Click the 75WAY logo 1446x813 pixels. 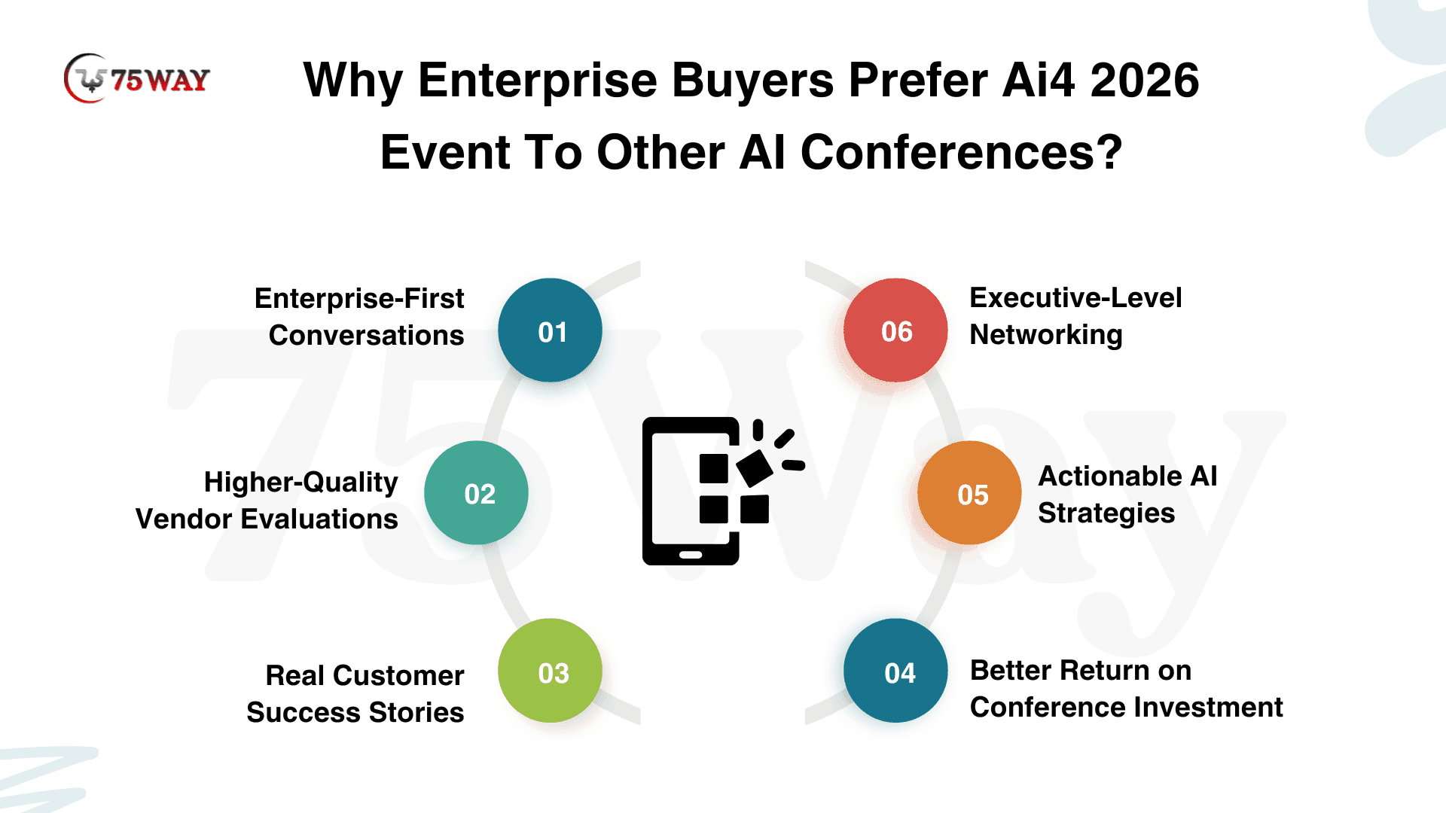pos(137,78)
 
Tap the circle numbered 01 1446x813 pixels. pos(550,330)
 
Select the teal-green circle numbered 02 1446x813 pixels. pos(476,492)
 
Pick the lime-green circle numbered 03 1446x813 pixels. pos(550,671)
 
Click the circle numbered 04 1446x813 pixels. pos(895,671)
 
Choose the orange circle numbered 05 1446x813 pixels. pos(969,492)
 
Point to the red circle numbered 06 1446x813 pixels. pos(895,330)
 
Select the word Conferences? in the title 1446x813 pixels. pos(962,152)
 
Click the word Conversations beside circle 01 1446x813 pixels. pos(367,335)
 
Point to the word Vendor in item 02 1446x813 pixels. pos(184,519)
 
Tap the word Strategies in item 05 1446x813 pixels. pos(1106,513)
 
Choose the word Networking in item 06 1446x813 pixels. pos(1046,335)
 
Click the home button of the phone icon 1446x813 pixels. pos(691,555)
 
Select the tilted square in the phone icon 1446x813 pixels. pos(755,468)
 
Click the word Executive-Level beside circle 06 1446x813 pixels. pos(1075,297)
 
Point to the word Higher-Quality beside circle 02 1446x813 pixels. pos(301,483)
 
